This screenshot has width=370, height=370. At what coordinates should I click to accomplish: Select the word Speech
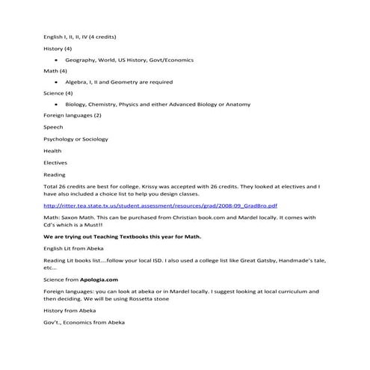click(x=53, y=127)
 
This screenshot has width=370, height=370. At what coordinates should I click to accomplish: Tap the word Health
click(x=53, y=150)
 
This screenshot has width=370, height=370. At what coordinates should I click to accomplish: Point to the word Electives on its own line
click(x=55, y=162)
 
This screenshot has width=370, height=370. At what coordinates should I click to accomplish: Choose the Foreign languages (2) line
click(x=73, y=116)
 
